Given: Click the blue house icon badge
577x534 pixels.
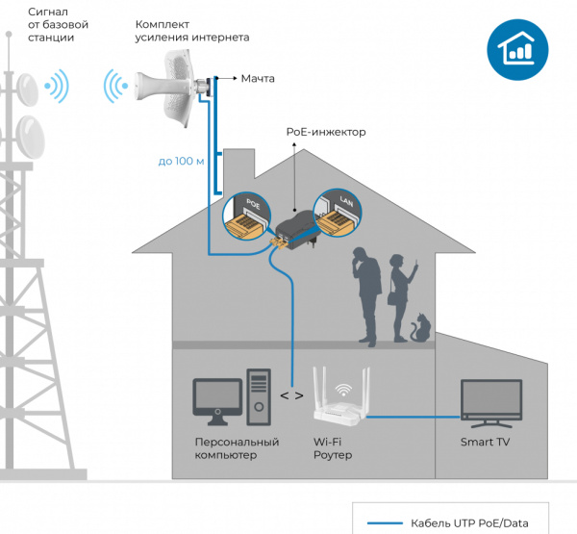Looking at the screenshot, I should (511, 50).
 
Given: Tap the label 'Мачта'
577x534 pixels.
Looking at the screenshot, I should (260, 78).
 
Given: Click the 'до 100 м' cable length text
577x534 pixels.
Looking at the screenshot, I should (182, 161).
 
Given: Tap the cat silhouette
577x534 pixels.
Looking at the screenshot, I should (420, 327).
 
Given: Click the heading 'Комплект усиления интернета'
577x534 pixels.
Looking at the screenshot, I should (192, 30).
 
